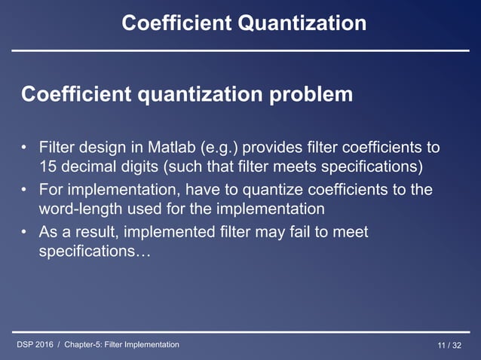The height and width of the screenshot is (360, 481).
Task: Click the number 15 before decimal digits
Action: coord(47,166)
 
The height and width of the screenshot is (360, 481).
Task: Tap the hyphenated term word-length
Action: coord(81,209)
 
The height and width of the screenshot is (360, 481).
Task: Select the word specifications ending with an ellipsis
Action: coord(94,252)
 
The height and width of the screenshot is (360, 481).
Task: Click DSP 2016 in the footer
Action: coord(37,345)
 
